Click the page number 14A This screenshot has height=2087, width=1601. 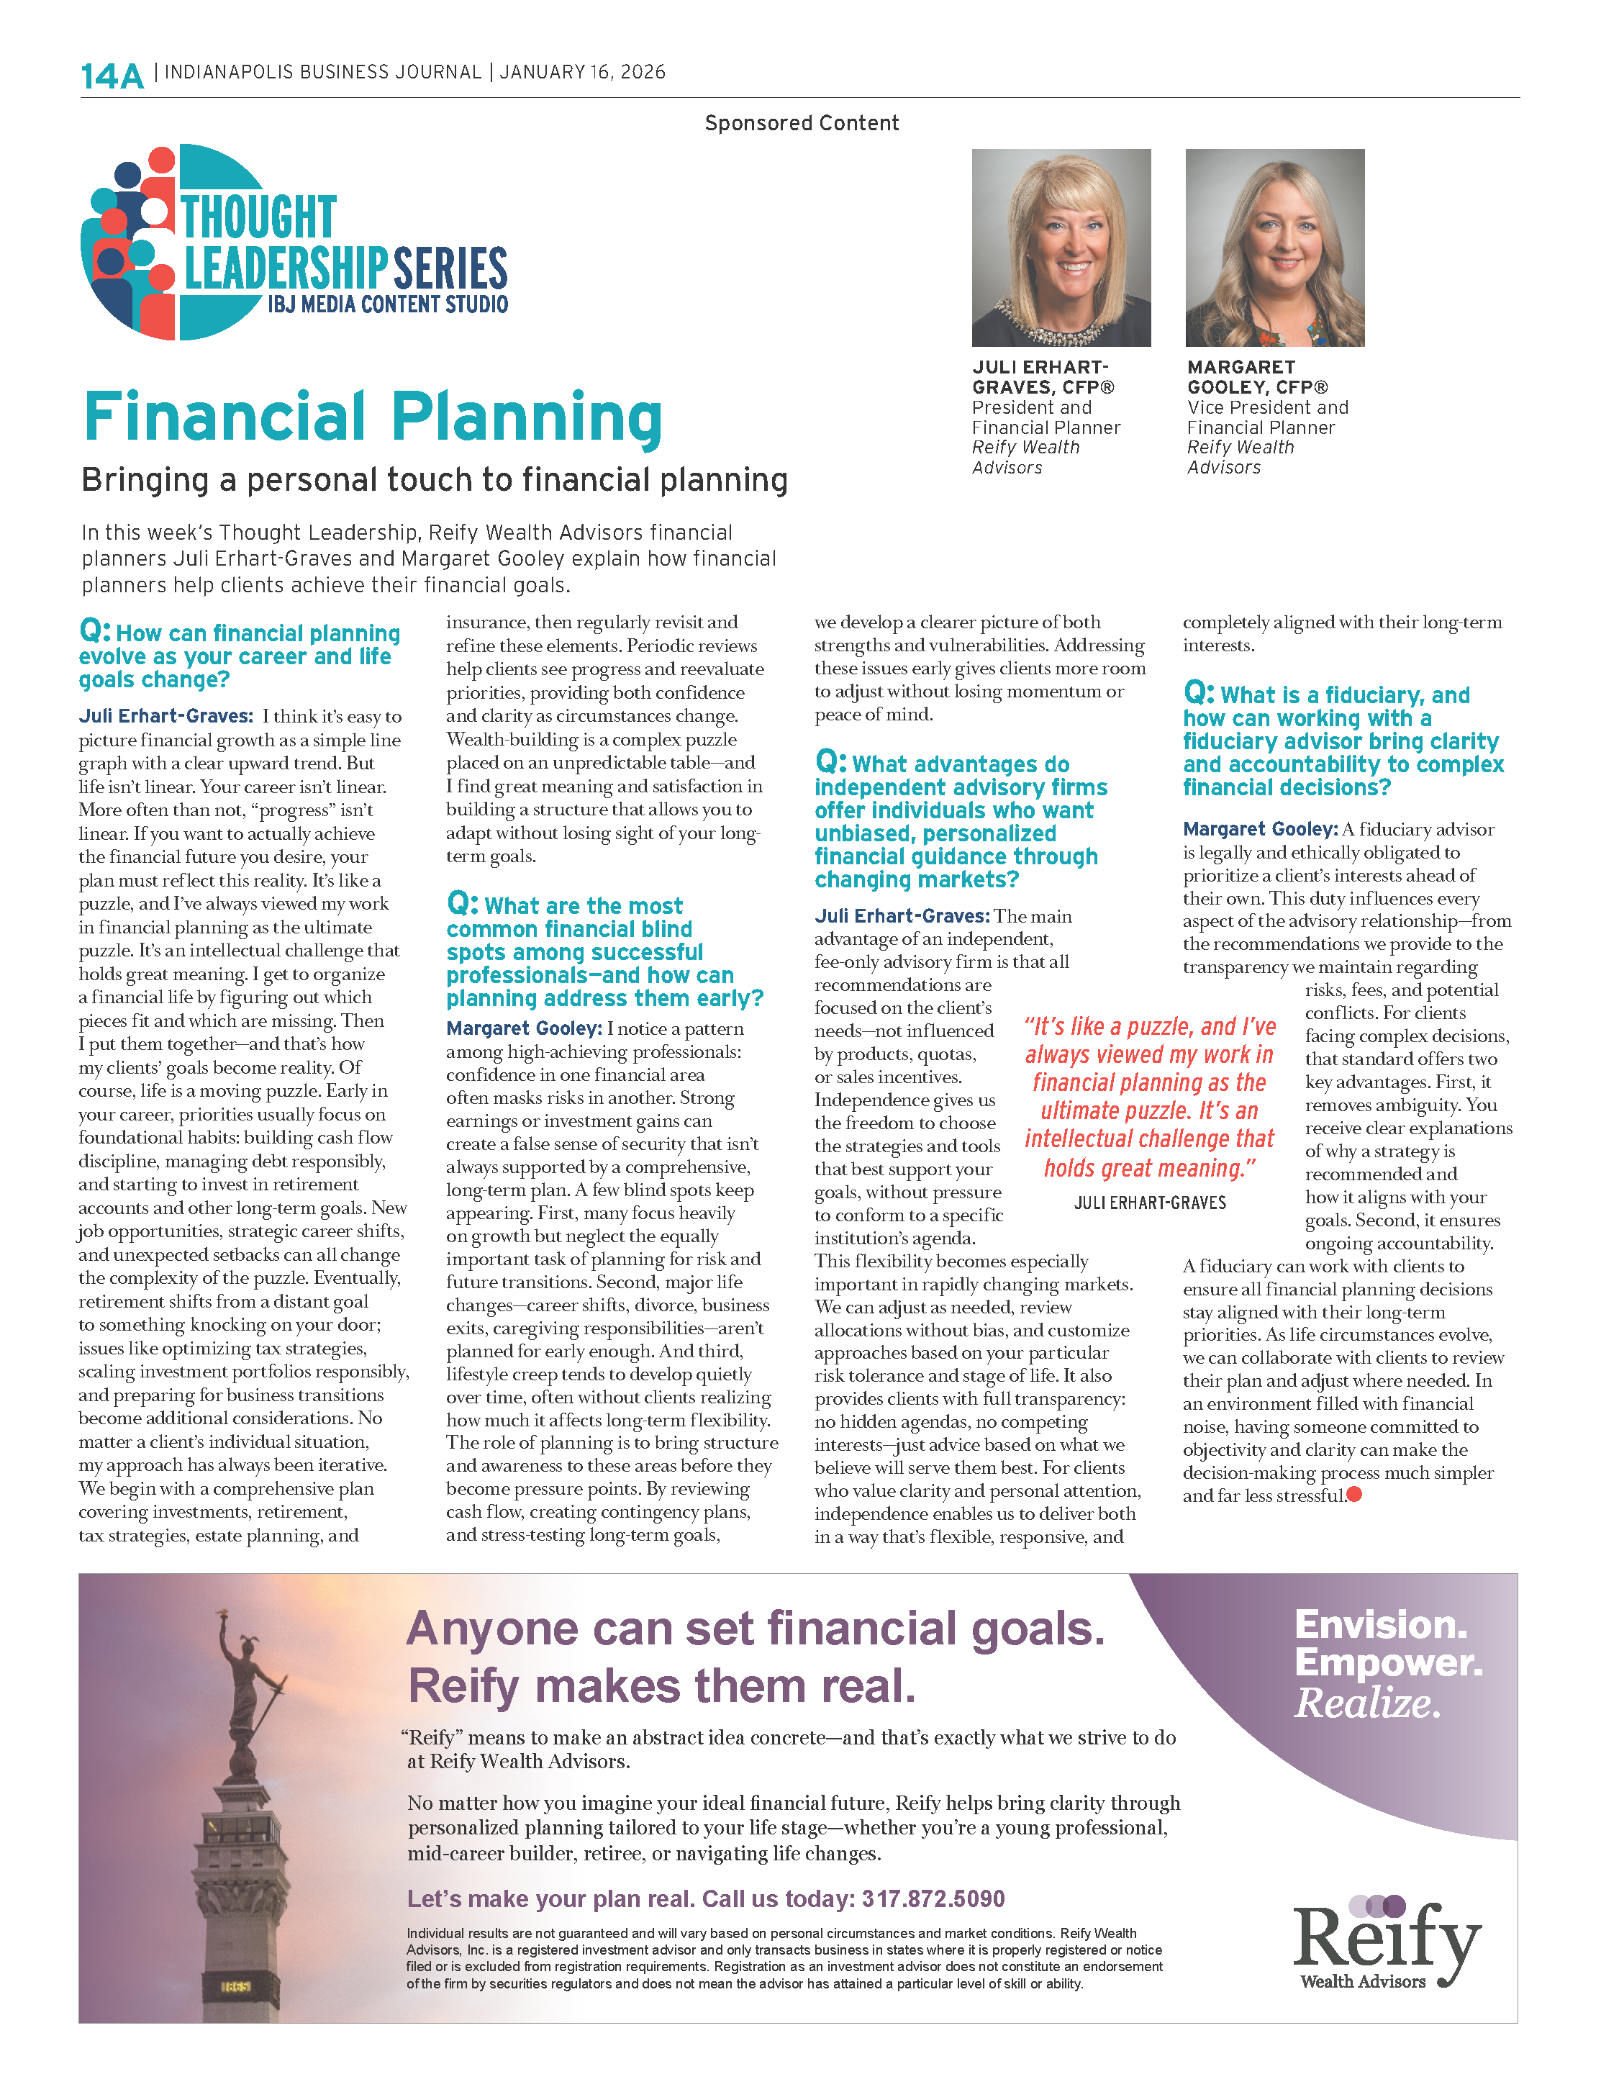[112, 76]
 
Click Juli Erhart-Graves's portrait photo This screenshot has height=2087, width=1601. [1061, 247]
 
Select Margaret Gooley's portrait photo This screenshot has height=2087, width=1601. [1274, 247]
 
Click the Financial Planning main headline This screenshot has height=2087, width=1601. [373, 417]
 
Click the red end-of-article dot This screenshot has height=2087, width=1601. [1354, 1494]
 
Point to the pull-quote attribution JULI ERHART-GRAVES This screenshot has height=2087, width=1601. [1149, 1203]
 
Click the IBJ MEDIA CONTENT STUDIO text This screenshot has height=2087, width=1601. [387, 304]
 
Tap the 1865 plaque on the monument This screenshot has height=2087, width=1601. [235, 1986]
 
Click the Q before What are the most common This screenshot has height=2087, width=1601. [461, 902]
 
